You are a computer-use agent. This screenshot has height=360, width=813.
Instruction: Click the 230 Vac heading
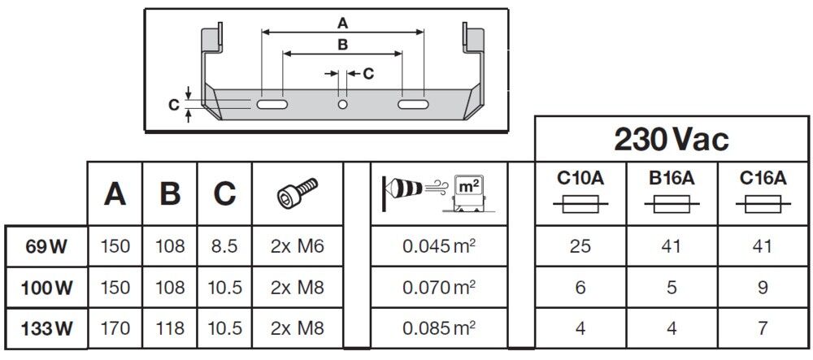672,139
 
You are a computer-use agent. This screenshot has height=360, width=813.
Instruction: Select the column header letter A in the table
115,193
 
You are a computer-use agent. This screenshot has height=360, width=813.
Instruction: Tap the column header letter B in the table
170,193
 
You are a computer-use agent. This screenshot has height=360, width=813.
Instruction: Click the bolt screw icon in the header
297,193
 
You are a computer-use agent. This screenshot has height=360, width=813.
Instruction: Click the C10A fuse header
580,180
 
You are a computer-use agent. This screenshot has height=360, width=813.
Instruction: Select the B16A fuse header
672,180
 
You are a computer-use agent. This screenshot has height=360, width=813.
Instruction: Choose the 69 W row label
47,246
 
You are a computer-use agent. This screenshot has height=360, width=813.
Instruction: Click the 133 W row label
47,329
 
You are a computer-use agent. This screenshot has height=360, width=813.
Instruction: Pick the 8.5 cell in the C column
224,246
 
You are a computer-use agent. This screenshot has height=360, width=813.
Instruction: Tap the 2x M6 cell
297,246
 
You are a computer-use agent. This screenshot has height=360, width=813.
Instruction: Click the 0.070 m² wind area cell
439,288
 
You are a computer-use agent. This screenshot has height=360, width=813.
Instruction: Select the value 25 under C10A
580,246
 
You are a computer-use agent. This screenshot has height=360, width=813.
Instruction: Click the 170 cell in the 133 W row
115,329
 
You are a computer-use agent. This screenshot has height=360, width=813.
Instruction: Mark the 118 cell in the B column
170,329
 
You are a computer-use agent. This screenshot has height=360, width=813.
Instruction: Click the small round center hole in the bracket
342,105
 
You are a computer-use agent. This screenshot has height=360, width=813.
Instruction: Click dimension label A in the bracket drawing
342,23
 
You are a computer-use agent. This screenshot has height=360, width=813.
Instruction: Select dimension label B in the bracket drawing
342,44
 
